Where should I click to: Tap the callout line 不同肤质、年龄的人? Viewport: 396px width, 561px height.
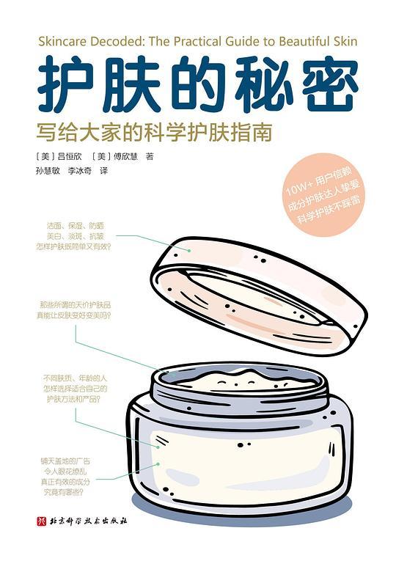(x=72, y=379)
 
